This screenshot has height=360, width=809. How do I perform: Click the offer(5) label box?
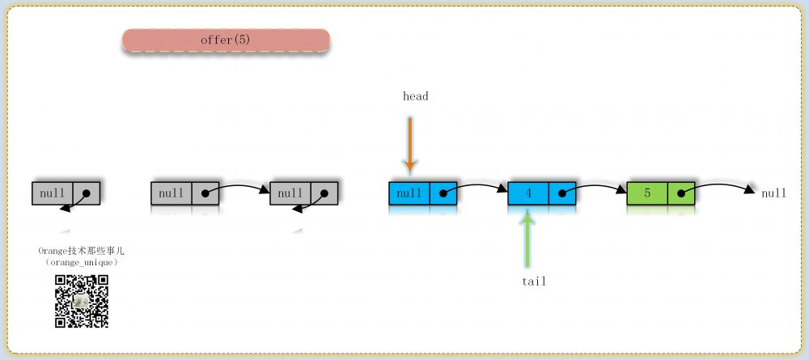[x=226, y=40]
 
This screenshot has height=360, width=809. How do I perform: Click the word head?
[x=415, y=96]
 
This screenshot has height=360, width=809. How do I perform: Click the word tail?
[x=534, y=282]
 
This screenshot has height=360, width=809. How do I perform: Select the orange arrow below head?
[x=409, y=146]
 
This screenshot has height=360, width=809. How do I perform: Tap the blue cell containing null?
[x=409, y=193]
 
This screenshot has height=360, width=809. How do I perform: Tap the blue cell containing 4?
[x=528, y=193]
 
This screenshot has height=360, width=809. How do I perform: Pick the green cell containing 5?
[x=647, y=193]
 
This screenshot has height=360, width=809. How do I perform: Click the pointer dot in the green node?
[x=681, y=193]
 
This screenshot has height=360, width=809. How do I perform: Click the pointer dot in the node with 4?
[x=562, y=193]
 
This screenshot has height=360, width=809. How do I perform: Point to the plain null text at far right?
[x=774, y=193]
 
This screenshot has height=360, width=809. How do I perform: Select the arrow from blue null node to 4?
[x=476, y=187]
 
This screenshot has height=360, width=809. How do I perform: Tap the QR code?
[x=82, y=301]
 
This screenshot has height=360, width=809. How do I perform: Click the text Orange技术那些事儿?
[x=82, y=251]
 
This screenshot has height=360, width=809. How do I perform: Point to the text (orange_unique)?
[x=82, y=263]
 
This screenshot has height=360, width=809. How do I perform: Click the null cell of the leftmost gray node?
[x=52, y=193]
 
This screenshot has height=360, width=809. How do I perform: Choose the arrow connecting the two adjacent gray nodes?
[x=237, y=187]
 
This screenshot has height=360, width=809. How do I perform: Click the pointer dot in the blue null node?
[x=443, y=193]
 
